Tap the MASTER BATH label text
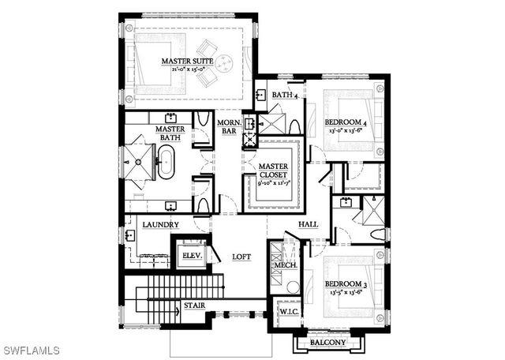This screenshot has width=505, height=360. point(169,133)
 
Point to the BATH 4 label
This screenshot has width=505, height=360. point(284,96)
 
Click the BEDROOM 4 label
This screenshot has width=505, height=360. point(346,122)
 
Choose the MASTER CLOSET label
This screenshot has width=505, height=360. point(274,169)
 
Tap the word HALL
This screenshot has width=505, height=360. point(308,224)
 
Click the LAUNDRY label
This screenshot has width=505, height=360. point(160,225)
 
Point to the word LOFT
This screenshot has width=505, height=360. point(241,257)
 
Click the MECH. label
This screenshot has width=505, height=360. point(285,265)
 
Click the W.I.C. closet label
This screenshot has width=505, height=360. point(288,313)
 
